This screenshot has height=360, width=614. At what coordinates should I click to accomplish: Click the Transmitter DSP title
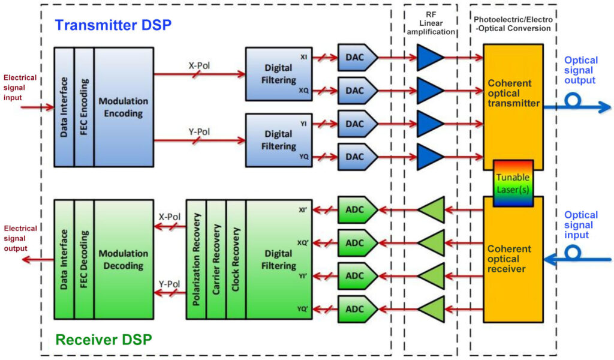[113, 25]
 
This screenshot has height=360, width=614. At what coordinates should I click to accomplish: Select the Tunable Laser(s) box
[513, 184]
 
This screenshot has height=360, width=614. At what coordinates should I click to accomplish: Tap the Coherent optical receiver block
[513, 258]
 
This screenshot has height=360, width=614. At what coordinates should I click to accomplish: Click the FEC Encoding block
[84, 107]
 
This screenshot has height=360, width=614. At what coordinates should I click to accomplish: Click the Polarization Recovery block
[195, 259]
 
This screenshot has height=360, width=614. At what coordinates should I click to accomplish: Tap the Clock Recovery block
[236, 259]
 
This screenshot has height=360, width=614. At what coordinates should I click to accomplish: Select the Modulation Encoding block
[123, 107]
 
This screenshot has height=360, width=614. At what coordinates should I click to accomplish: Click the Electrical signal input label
[20, 88]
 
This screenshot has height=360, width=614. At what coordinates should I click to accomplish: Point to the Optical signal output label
[581, 70]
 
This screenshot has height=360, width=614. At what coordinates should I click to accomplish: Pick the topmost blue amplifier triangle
[429, 58]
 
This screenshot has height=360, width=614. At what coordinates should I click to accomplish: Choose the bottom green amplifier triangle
[431, 310]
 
